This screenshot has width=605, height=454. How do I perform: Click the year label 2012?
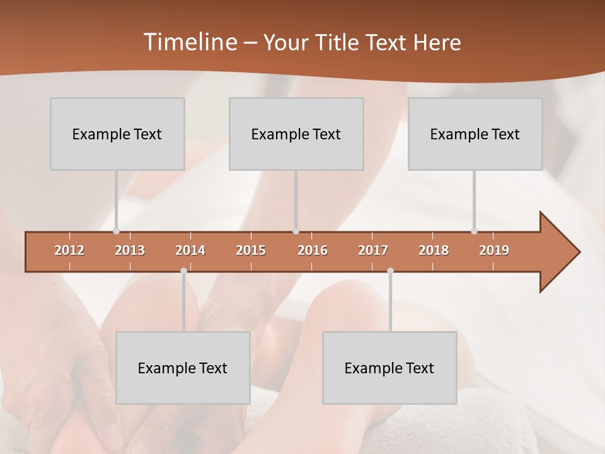coord(69,251)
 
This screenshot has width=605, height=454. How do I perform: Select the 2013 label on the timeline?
coord(130,251)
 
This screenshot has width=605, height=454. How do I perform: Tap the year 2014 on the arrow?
coord(190,251)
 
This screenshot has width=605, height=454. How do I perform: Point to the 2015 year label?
coord(251,251)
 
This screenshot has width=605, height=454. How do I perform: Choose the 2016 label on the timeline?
coord(313,251)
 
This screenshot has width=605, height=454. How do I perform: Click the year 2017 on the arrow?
coord(373,251)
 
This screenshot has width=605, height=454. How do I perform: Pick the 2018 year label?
coord(434,251)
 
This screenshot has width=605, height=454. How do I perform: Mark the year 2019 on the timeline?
coord(494,251)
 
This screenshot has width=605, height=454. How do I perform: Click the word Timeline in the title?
coord(189,42)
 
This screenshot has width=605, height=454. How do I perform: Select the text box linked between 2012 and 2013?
coord(117,134)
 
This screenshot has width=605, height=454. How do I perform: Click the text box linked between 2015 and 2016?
coord(296,134)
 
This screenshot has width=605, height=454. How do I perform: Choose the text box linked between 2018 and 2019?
coord(475,134)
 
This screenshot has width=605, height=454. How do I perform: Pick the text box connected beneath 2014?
coord(183,368)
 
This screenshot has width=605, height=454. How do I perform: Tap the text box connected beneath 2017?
coord(389,368)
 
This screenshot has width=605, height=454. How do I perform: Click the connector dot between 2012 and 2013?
coord(116,231)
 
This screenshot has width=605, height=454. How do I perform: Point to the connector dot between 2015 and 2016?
coord(296,231)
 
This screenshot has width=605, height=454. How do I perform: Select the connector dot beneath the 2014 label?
coord(183,271)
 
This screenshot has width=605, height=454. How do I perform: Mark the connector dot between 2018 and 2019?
coord(474,231)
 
